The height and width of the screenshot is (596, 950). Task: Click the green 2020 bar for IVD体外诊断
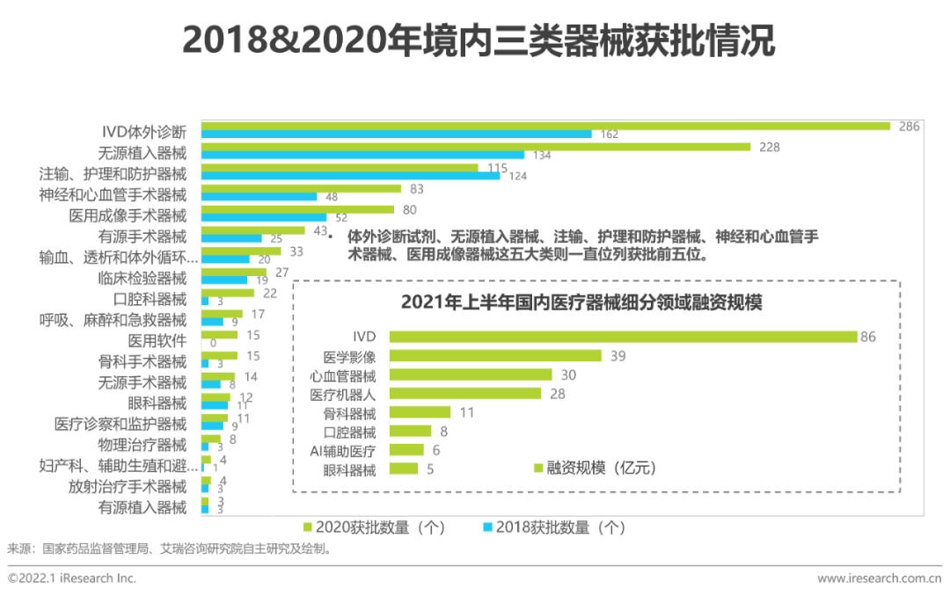click(x=545, y=126)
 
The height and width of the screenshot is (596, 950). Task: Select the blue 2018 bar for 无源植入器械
click(x=362, y=156)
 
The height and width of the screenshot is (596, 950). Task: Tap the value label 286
click(x=909, y=127)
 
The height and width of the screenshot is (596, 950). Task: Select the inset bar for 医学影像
click(x=495, y=356)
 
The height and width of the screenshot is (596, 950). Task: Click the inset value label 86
click(x=869, y=337)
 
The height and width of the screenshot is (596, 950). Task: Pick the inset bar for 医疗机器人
click(x=465, y=395)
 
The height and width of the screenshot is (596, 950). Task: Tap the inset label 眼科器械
click(x=349, y=469)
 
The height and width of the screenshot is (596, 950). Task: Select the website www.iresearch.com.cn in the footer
click(x=880, y=578)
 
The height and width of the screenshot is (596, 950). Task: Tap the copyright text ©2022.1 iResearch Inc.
click(x=72, y=578)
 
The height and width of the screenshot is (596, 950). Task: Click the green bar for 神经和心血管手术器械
click(x=301, y=188)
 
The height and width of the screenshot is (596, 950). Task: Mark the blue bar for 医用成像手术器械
click(x=264, y=217)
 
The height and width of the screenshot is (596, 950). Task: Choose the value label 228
click(x=769, y=147)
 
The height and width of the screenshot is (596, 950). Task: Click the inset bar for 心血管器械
click(x=471, y=375)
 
